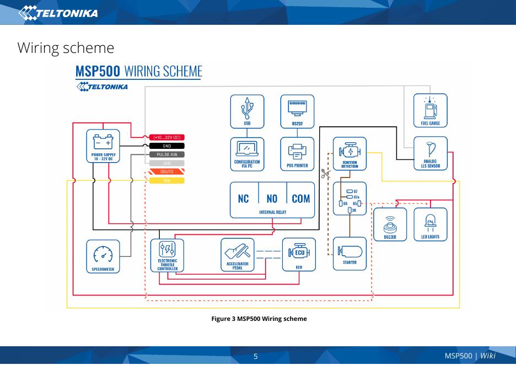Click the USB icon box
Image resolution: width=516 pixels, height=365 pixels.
coord(247,111)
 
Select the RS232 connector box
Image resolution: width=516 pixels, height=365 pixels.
coord(297,111)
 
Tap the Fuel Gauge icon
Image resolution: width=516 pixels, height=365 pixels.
coord(430,110)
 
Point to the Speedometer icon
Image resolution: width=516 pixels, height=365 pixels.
coord(103,256)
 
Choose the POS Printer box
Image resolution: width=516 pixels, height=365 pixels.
coord(297,153)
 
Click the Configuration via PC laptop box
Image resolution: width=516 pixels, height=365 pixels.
coord(247,153)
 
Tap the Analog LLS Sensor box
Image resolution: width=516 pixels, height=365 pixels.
coord(430,153)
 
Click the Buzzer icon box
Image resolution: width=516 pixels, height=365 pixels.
coord(390,224)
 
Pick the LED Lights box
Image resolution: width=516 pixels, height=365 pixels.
coord(430,224)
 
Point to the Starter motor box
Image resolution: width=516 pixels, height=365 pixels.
coord(350,254)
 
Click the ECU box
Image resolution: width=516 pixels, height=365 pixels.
coord(299,255)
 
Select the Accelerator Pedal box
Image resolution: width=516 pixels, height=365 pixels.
coord(238,255)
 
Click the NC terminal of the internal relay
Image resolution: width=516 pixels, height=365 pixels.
coord(244,198)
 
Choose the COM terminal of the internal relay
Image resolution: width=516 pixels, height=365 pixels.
coord(300,198)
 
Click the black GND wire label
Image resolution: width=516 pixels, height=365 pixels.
coord(167,146)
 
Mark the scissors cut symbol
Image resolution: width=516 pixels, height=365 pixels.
coord(325,174)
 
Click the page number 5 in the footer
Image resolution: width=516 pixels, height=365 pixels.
coord(256,356)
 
